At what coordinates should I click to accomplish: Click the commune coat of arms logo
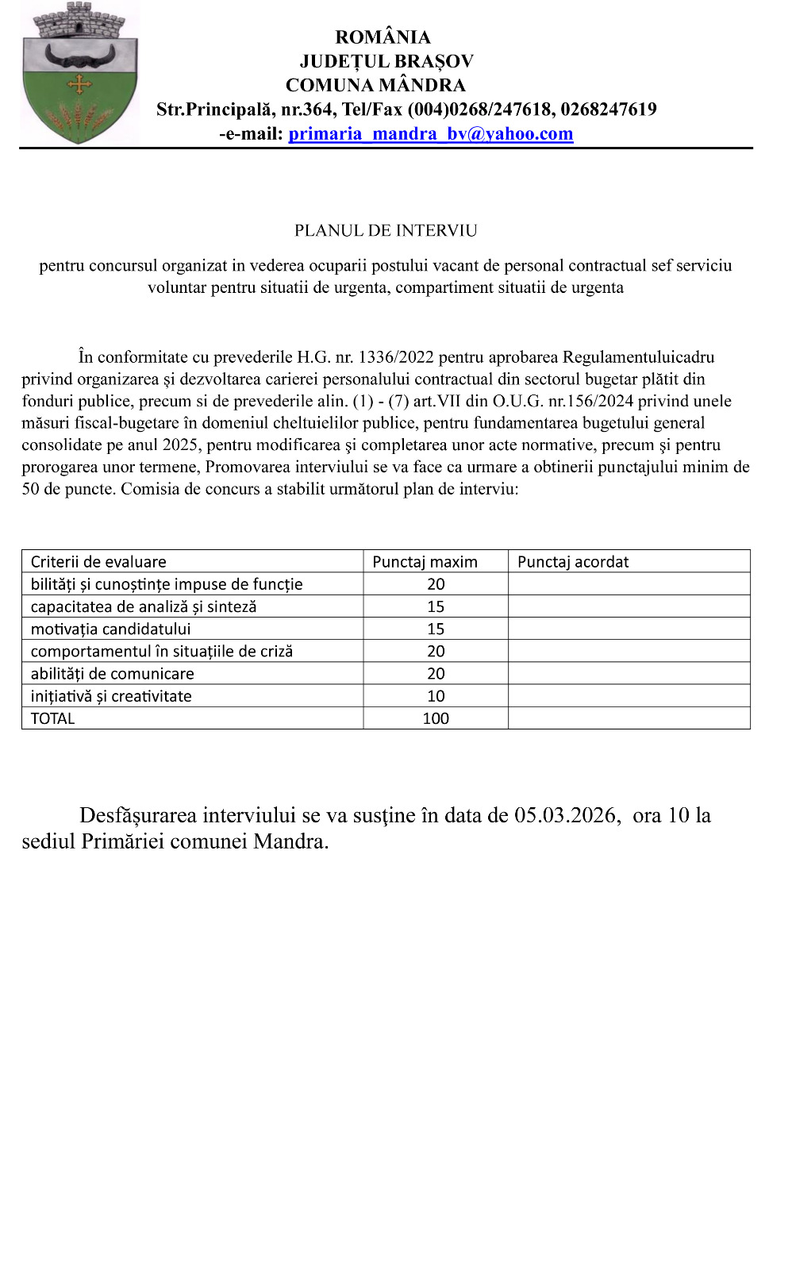pos(79,73)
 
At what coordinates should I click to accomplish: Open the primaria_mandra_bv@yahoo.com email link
pos(430,133)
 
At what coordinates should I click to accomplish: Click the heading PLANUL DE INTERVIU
pos(386,231)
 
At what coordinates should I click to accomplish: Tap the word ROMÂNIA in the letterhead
pos(383,37)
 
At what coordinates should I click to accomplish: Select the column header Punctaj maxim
pos(425,562)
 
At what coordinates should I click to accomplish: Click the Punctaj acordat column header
pos(572,562)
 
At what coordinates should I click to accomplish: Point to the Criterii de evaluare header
pos(98,562)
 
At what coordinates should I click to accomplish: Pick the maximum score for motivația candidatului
pos(436,629)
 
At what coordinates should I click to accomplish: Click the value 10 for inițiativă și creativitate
pos(436,696)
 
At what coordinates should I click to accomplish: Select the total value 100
pos(436,718)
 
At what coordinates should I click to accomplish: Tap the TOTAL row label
pos(52,718)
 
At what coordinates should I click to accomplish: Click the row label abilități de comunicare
pos(112,674)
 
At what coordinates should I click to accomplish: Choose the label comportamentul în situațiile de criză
pos(162,652)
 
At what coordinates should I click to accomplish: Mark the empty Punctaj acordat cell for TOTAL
pos(629,718)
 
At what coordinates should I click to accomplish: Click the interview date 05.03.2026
pos(565,815)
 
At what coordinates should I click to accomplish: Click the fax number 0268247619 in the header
pos(609,110)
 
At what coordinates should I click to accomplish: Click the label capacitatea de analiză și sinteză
pos(144,606)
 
